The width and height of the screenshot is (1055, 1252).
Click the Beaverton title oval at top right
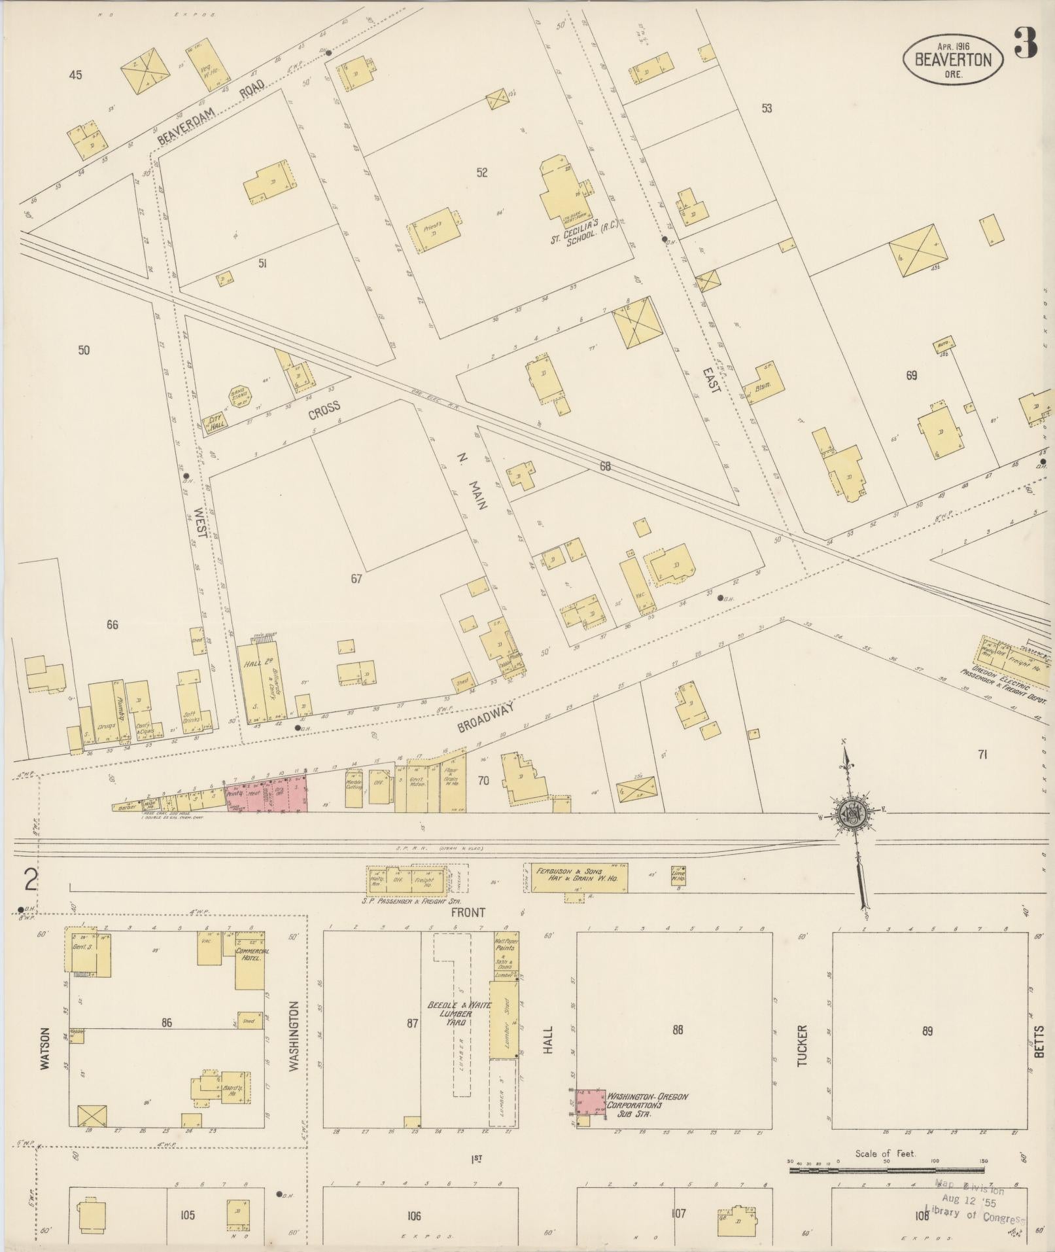pyautogui.click(x=952, y=59)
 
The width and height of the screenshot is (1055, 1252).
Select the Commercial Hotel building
pyautogui.click(x=250, y=965)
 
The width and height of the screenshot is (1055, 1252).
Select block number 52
pyautogui.click(x=482, y=173)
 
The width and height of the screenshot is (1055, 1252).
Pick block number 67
pyautogui.click(x=356, y=578)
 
